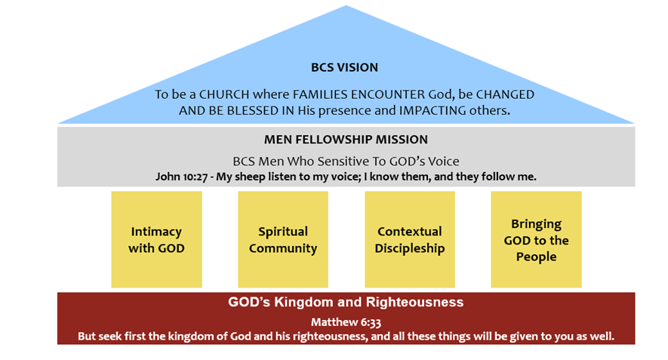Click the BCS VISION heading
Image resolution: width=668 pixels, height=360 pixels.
344,67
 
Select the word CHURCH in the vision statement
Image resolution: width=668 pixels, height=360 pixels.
224,94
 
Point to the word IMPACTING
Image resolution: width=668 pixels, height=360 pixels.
433,110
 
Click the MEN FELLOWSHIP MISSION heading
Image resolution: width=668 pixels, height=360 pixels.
346,140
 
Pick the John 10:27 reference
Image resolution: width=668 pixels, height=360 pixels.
181,177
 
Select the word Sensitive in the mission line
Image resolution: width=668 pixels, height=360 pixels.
343,161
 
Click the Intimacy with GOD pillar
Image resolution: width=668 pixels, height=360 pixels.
156,239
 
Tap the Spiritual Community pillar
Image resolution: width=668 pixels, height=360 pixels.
283,239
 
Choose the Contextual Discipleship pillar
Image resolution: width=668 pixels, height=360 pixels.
410,239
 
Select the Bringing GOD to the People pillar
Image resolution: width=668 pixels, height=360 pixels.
537,239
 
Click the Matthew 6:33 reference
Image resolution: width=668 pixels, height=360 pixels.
346,322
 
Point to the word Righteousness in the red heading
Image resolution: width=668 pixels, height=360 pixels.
414,302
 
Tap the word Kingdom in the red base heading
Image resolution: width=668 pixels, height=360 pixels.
303,302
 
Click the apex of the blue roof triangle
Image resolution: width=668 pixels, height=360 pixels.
346,5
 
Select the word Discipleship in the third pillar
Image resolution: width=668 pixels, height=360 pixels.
410,248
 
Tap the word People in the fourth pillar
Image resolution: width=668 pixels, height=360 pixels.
537,257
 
